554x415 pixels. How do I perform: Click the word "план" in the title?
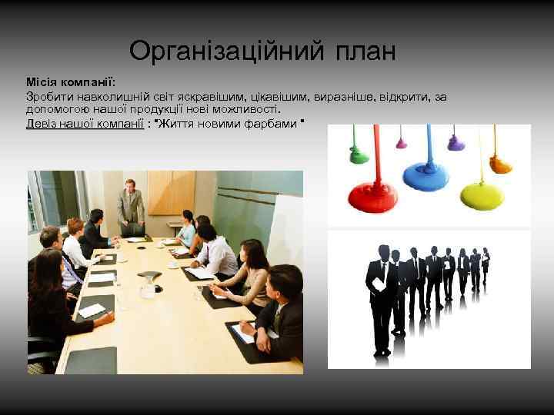coord(365,51)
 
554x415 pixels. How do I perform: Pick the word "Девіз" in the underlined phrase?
coord(41,123)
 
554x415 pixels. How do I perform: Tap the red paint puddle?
coord(372,196)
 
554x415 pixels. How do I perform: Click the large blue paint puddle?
coord(426,175)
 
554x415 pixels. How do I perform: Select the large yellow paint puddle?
coord(482,194)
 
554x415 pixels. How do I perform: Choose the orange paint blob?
coord(500,164)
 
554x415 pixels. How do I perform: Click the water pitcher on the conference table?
coord(148,285)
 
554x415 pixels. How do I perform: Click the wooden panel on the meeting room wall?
coord(171,192)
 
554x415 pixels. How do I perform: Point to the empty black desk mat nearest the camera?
coord(92,360)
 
